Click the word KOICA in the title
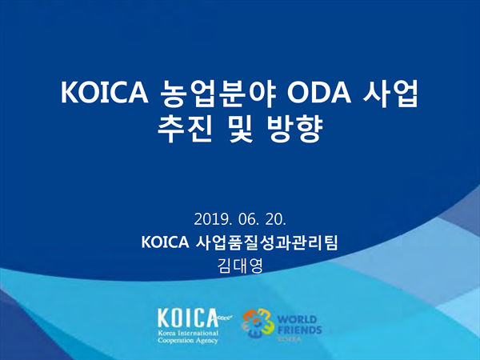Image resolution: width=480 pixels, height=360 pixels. pos(105,93)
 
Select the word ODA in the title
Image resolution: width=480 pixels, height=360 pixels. pos(319,93)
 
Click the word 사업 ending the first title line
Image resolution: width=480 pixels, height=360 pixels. pos(390,93)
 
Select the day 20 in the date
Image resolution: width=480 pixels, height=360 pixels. pos(275,219)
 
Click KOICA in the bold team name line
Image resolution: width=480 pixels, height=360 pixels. pos(165,242)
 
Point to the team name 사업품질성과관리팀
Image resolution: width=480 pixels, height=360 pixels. pos(266,242)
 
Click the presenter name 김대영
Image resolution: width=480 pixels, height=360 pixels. pos(240,266)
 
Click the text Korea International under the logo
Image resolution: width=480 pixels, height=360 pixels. pos(188,333)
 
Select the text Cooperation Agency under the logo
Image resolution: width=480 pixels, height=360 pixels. pos(188,340)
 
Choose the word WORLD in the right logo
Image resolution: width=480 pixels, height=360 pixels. pos(297,319)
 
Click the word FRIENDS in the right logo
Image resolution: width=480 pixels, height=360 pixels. pos(299,330)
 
